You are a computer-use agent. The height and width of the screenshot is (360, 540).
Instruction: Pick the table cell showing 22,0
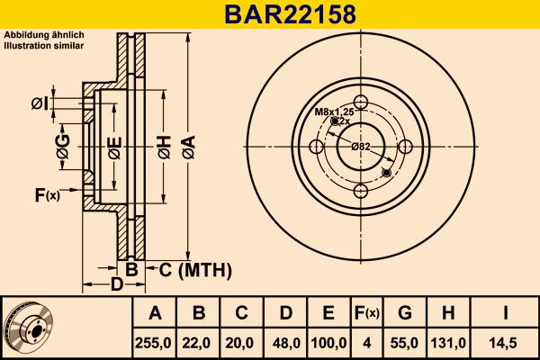click(200, 342)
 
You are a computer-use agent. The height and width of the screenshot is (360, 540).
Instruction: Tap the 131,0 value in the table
click(447, 342)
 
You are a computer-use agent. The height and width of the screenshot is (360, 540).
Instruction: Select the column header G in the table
click(405, 313)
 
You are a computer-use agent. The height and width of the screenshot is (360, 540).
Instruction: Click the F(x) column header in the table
click(367, 313)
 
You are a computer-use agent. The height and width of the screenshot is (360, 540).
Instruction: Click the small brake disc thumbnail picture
click(31, 328)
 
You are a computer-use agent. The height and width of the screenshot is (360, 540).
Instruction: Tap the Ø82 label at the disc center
click(361, 146)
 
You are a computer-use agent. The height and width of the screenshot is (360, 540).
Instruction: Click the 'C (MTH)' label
click(196, 269)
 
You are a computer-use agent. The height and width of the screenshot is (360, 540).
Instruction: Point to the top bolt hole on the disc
click(361, 102)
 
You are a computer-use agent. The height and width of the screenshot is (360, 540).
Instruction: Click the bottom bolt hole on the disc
click(361, 190)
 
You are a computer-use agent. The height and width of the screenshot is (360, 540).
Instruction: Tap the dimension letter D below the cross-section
click(117, 285)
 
